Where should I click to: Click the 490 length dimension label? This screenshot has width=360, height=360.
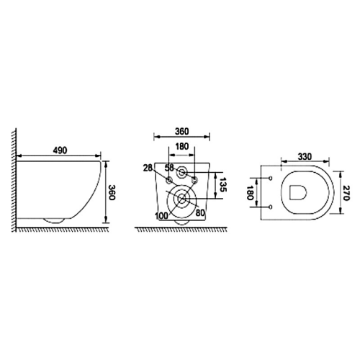click(x=60, y=150)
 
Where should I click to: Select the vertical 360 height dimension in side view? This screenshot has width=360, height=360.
click(x=112, y=192)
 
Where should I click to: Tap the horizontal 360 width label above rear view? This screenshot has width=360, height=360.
click(x=182, y=131)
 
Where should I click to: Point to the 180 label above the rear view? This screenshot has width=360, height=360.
click(x=182, y=146)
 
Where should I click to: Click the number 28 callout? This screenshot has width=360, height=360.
click(x=148, y=168)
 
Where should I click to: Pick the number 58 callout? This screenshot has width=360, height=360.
click(x=169, y=168)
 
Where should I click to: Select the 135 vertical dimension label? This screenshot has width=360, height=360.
click(x=223, y=184)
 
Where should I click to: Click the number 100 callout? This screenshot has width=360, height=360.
click(x=161, y=216)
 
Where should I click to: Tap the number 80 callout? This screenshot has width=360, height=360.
click(x=200, y=212)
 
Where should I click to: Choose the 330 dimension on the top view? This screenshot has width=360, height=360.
click(x=305, y=156)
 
